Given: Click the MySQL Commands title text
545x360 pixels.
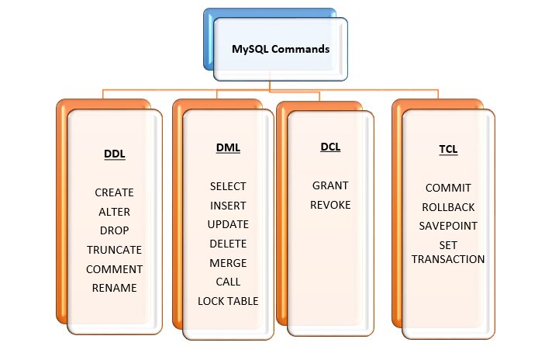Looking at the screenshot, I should pos(281,49).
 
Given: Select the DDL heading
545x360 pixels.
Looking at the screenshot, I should pos(114,154).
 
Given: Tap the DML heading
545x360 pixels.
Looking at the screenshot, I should pos(228,147).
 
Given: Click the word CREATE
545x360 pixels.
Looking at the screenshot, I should pos(114,192).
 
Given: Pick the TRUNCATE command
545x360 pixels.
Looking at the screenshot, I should pos(114,250).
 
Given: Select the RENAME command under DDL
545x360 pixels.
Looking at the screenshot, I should pos(114,288).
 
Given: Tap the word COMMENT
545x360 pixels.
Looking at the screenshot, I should pos(114,269).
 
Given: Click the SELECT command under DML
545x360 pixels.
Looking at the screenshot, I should pos(228,186).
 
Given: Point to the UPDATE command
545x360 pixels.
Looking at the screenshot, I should pos(228,224).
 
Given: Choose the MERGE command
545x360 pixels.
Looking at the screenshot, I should pos(228,263).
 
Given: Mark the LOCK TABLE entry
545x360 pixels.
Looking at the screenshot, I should pos(228,301).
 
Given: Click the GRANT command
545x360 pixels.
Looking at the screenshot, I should pos(330,185).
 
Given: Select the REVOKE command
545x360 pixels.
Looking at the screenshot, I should pos(330,205).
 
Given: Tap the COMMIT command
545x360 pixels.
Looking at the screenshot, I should pos(448,188).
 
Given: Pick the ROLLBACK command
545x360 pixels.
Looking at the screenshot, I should pos(448,207).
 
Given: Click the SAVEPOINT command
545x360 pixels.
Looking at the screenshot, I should pos(448,226).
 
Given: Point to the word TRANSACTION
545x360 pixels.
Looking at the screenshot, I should pos(448,259).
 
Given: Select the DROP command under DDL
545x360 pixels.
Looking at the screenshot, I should pos(114,230).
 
